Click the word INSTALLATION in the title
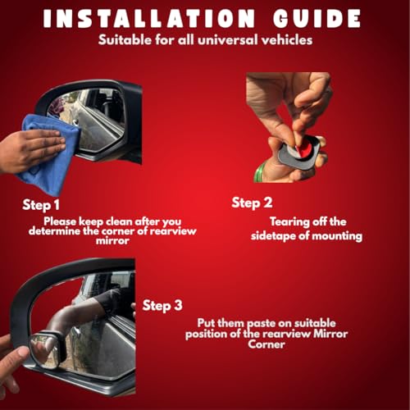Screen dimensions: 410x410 pos(149,18)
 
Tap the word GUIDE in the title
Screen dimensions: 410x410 pos(317,18)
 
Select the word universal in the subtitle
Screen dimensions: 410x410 pos(227,40)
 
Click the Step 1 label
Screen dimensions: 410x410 pos(41,205)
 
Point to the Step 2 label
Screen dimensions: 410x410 pos(252,203)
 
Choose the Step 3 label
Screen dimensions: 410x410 pos(162,305)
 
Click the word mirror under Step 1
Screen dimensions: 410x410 pos(112,241)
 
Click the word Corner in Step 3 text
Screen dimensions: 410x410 pos(266,344)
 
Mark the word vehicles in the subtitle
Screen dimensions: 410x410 pos(287,40)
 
